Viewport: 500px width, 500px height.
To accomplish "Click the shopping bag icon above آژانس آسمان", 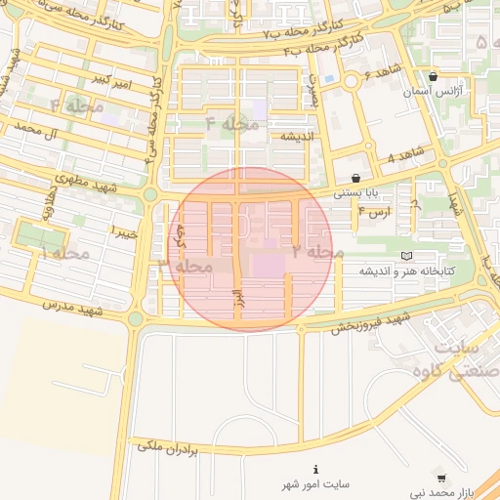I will tap(433, 75).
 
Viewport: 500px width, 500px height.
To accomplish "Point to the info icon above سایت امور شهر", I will tap(315, 470).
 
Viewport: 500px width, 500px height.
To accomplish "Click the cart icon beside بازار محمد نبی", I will tap(440, 479).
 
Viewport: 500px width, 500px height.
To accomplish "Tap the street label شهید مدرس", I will tap(72, 310).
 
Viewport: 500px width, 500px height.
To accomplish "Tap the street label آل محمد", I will tap(43, 131).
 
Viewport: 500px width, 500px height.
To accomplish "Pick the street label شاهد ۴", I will tap(405, 155).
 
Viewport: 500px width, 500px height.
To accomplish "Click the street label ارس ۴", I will tap(374, 211).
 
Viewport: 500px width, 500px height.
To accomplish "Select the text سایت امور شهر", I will tap(315, 484).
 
